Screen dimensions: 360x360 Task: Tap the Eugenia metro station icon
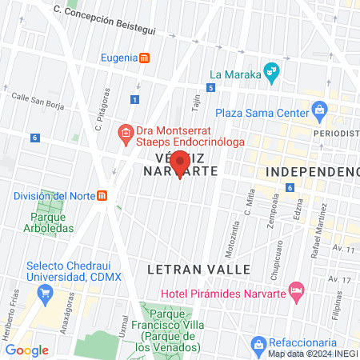point(144,58)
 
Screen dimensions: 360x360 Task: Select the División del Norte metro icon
point(102,196)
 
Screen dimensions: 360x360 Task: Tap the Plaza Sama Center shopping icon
point(319,109)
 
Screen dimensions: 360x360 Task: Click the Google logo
point(26,350)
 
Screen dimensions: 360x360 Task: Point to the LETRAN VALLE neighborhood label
point(199,270)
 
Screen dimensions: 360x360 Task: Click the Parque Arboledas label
point(52,222)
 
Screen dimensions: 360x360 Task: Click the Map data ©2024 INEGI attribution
point(313,354)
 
